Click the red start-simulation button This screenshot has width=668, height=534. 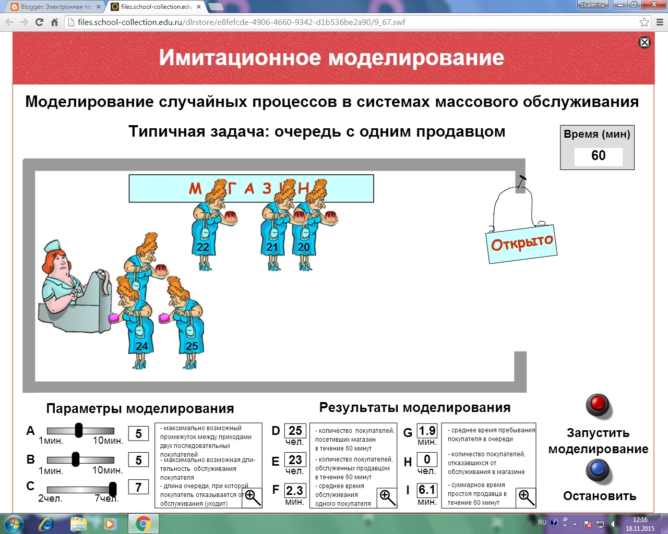[598, 405]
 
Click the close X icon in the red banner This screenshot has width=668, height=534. [645, 42]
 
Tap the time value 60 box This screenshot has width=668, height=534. [598, 156]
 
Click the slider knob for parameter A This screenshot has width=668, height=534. [79, 430]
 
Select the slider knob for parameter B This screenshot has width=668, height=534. [76, 459]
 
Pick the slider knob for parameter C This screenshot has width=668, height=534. [113, 489]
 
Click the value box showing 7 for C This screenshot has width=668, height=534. [138, 487]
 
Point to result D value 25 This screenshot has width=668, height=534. [295, 431]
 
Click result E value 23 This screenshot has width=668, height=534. [295, 460]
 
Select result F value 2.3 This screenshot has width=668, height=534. [294, 490]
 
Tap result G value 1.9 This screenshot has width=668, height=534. [427, 431]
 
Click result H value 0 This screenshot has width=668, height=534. [427, 459]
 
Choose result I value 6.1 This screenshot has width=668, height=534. [427, 490]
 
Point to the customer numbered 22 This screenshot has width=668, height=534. [204, 229]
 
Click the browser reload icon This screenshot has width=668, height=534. [39, 22]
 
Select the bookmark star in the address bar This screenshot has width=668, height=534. [645, 22]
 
